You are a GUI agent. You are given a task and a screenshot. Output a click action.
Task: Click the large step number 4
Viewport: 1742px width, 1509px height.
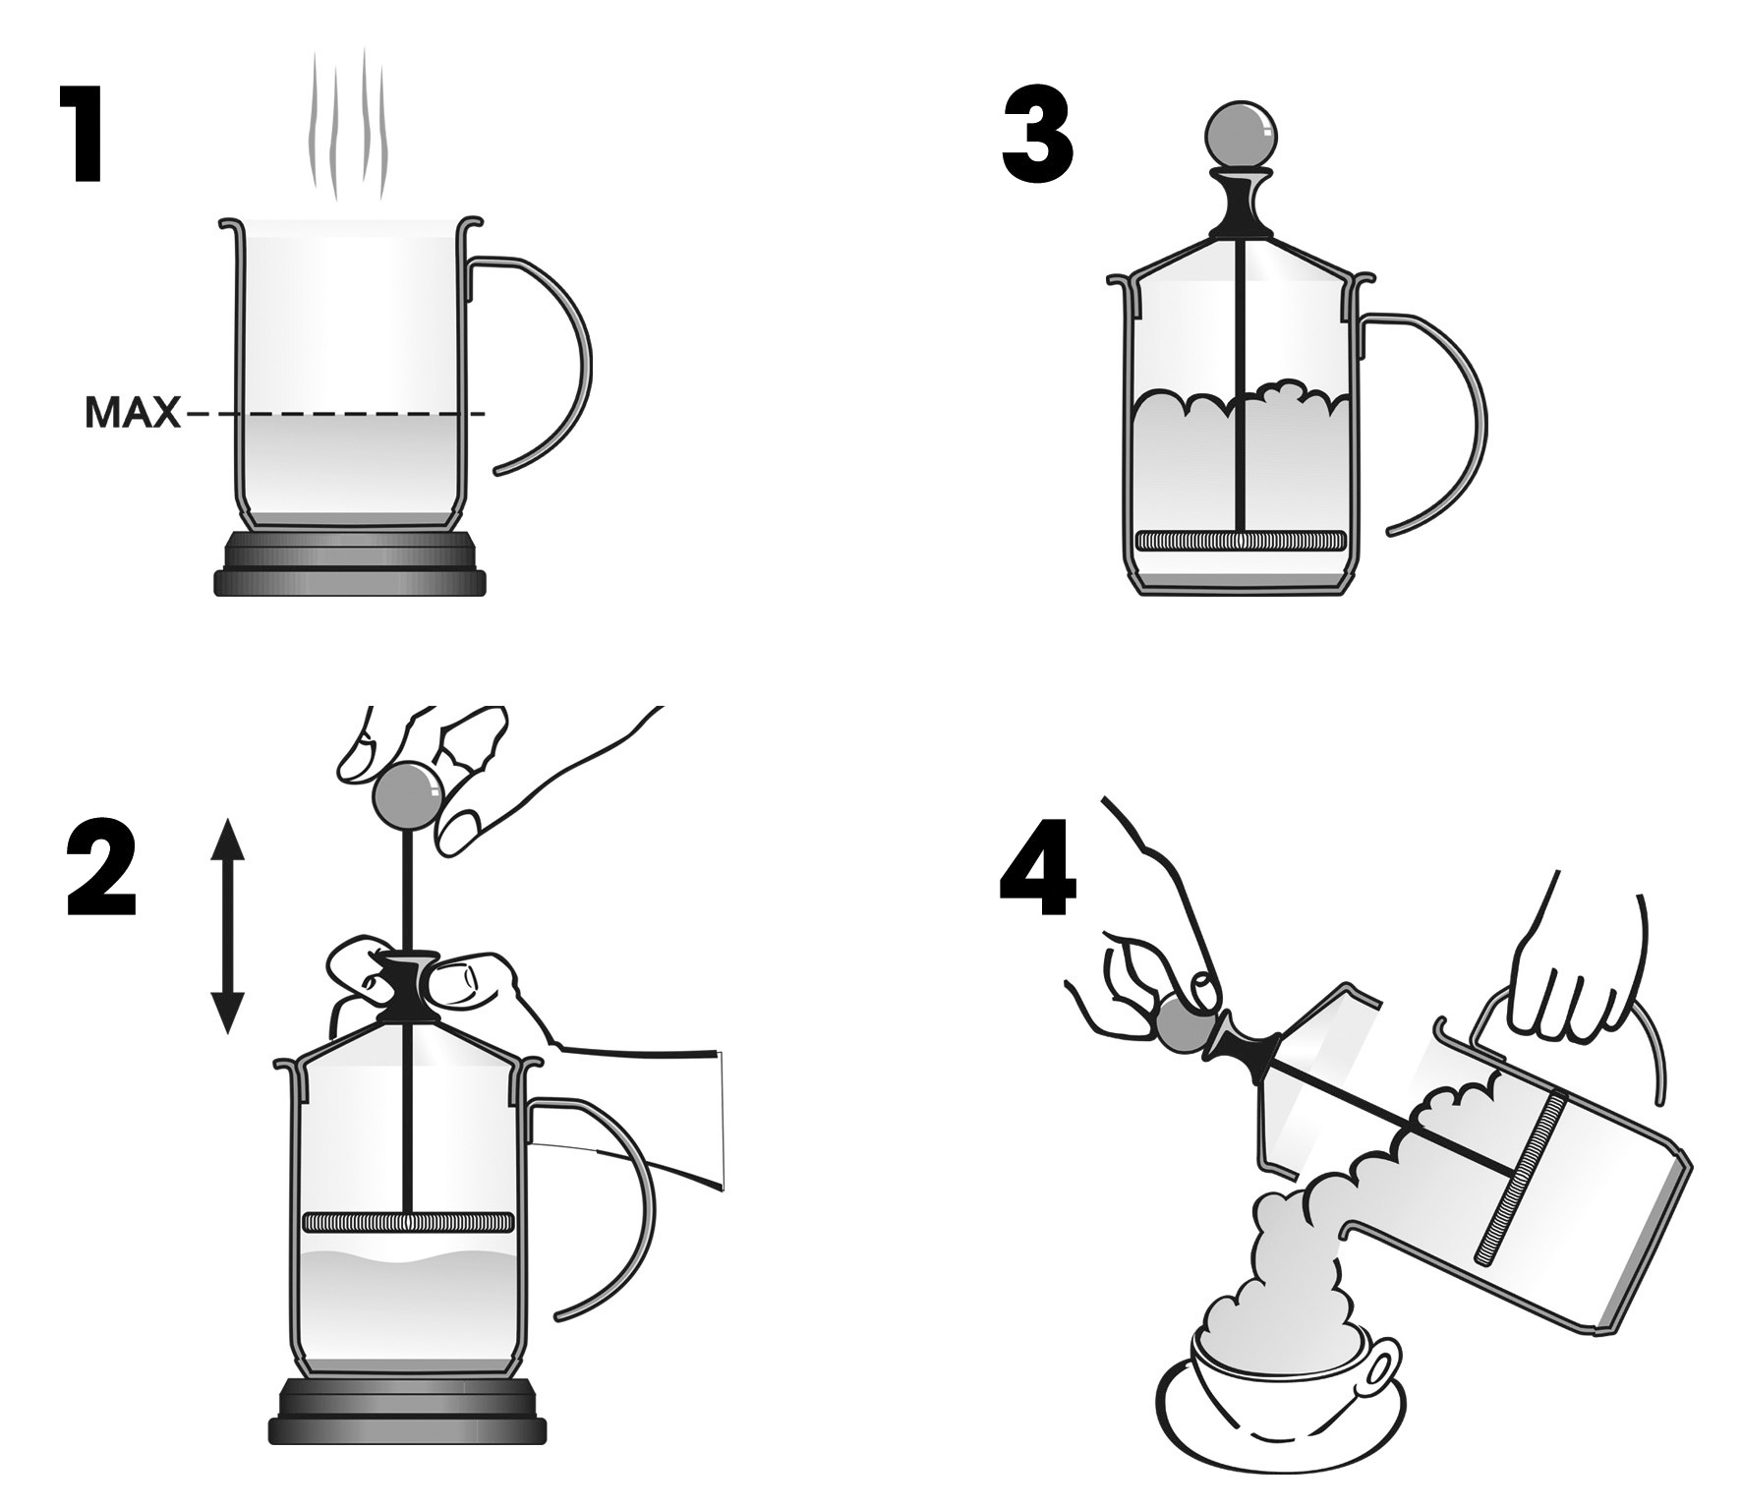coord(1038,870)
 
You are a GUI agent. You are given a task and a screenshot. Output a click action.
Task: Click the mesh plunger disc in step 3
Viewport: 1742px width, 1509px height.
coord(1240,541)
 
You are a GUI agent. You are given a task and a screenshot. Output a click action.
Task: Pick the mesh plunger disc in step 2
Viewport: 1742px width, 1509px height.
coord(408,1223)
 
